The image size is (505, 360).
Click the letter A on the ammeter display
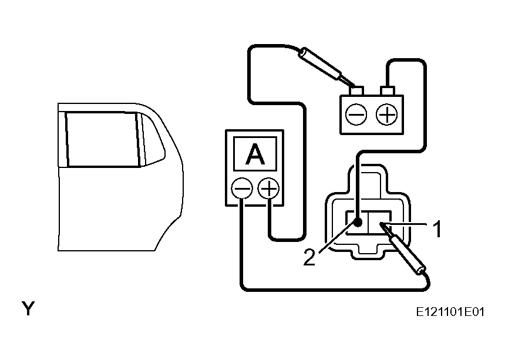(x=255, y=154)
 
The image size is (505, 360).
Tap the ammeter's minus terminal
(x=242, y=188)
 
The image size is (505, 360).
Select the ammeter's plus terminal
(x=269, y=188)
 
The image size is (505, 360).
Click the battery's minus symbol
(x=356, y=115)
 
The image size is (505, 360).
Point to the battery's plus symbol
(x=387, y=115)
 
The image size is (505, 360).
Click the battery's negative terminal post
(x=356, y=91)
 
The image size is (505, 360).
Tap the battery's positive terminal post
(x=388, y=91)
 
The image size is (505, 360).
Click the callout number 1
(x=437, y=229)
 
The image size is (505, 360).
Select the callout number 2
(x=309, y=257)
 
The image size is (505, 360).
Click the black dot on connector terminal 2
(x=358, y=222)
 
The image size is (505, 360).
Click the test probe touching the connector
(x=403, y=248)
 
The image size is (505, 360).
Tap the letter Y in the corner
(x=28, y=308)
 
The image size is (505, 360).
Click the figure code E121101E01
(x=450, y=312)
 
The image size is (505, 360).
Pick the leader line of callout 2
(x=337, y=236)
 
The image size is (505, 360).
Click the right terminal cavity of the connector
(x=379, y=222)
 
